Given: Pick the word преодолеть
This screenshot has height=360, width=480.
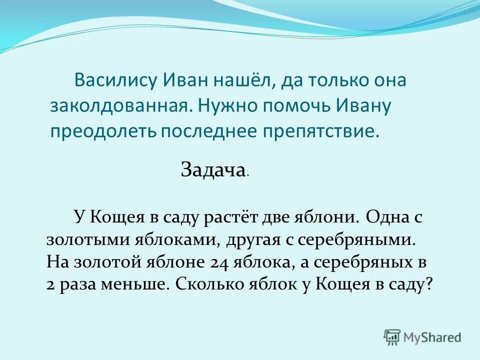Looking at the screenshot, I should (103, 131).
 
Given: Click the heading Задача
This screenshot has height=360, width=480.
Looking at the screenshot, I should (212, 171).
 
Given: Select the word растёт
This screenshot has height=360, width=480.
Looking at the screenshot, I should (227, 217).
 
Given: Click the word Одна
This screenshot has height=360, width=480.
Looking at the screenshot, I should (386, 217).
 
